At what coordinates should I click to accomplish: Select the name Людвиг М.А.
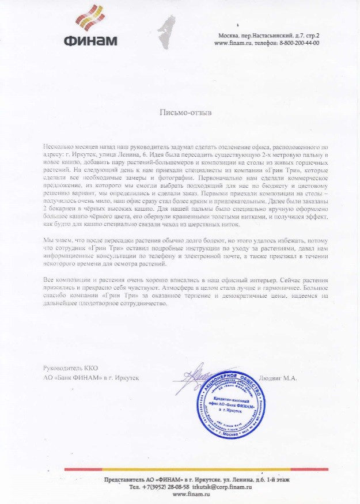(x=278, y=378)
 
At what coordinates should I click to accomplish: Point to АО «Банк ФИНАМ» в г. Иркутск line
(x=91, y=378)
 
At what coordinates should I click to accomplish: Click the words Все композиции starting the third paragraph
(x=62, y=279)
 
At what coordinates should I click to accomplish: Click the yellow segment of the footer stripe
(x=276, y=469)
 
